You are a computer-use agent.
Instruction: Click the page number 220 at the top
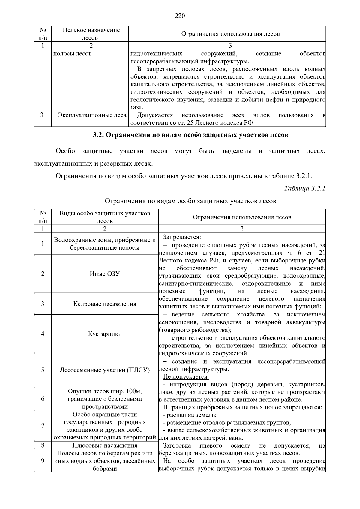coord(180,16)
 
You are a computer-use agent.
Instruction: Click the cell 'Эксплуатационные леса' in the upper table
coord(92,115)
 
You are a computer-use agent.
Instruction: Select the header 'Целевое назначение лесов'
coord(91,34)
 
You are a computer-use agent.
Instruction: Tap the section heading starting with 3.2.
coord(190,135)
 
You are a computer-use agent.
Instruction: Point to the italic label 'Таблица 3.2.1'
coord(304,189)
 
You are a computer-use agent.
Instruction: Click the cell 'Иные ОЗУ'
coord(105,274)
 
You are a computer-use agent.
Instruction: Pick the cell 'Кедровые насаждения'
coord(105,304)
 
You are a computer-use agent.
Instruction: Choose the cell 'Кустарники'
coord(105,334)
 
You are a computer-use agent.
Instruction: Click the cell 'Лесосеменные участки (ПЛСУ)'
coord(105,370)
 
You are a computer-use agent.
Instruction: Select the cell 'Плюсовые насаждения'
coord(105,445)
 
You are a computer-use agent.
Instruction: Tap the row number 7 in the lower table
coord(43,426)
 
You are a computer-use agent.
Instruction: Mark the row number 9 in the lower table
coord(43,461)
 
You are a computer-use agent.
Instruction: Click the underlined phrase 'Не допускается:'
coord(186,377)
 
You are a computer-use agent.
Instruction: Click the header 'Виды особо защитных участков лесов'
coord(105,217)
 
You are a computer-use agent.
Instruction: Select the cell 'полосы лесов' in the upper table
coord(72,54)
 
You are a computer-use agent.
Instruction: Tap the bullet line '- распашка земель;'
coord(190,415)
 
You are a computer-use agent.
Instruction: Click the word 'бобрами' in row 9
coord(105,469)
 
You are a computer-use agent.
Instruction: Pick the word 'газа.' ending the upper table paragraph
coord(137,107)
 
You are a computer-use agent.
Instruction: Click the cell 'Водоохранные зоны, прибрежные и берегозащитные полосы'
coord(105,244)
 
